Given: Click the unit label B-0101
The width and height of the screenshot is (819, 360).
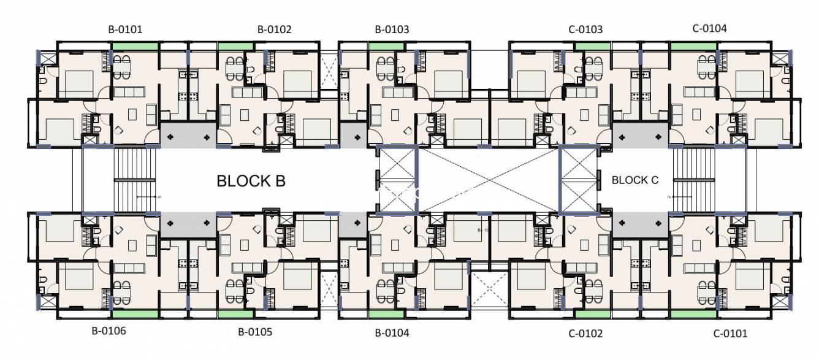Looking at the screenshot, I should [x=126, y=29].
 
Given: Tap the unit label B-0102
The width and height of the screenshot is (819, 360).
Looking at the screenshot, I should [x=274, y=29].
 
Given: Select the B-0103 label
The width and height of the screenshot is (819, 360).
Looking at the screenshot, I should [x=392, y=29].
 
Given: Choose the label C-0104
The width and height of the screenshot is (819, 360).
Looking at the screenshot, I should [x=709, y=28].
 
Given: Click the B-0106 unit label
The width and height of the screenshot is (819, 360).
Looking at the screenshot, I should [x=109, y=331].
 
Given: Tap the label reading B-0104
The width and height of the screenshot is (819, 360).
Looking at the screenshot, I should [x=392, y=333].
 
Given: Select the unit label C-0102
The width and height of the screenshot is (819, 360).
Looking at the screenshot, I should [x=585, y=334].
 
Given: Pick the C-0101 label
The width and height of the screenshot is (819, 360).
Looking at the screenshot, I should [x=730, y=334].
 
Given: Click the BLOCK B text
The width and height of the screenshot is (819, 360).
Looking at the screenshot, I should [x=251, y=181].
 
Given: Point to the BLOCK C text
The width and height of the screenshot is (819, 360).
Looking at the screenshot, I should [x=635, y=180].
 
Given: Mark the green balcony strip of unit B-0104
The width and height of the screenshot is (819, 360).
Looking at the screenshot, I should [x=386, y=313].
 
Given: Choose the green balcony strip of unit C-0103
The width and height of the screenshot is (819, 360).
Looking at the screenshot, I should [x=592, y=46].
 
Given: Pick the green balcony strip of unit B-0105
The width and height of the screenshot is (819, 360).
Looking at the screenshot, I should [x=236, y=313].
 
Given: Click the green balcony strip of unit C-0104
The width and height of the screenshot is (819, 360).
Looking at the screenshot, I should [x=693, y=46].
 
